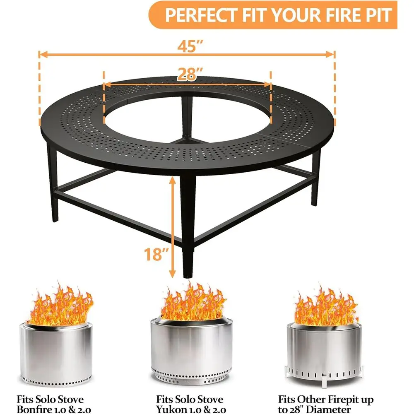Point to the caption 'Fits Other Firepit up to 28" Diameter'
(x=326, y=404)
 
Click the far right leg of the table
(x=317, y=178)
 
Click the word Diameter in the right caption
(x=330, y=409)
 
